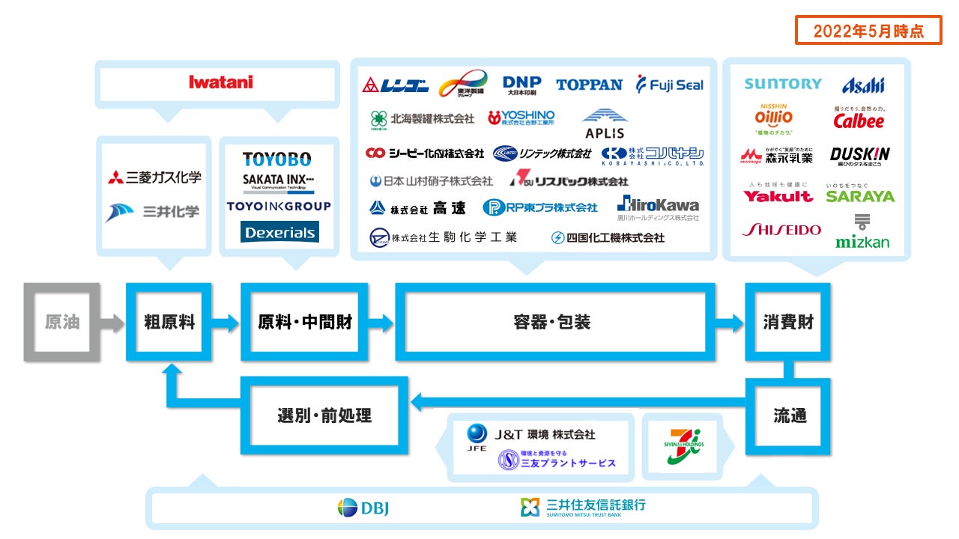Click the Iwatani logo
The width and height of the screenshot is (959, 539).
pyautogui.click(x=221, y=82)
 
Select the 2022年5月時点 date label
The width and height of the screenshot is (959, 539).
pyautogui.click(x=868, y=31)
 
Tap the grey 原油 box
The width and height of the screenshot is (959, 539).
pyautogui.click(x=61, y=322)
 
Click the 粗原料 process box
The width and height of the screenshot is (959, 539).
pyautogui.click(x=169, y=322)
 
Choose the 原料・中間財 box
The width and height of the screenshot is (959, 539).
pyautogui.click(x=304, y=322)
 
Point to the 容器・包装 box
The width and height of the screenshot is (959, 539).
pyautogui.click(x=551, y=322)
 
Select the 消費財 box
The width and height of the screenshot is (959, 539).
pyautogui.click(x=787, y=322)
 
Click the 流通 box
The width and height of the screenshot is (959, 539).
pyautogui.click(x=789, y=415)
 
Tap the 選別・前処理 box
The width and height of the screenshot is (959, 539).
pyautogui.click(x=324, y=415)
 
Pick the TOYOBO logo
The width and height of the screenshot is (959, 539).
pyautogui.click(x=276, y=159)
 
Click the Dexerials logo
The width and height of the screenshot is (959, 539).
pyautogui.click(x=279, y=232)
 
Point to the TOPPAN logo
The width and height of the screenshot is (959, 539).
pyautogui.click(x=589, y=85)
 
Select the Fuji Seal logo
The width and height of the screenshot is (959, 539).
pyautogui.click(x=670, y=85)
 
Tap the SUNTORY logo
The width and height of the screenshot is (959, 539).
pyautogui.click(x=783, y=84)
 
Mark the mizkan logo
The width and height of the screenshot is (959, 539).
pyautogui.click(x=862, y=233)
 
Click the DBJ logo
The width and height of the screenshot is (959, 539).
pyautogui.click(x=363, y=508)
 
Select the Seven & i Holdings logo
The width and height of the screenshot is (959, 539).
pyautogui.click(x=681, y=447)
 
